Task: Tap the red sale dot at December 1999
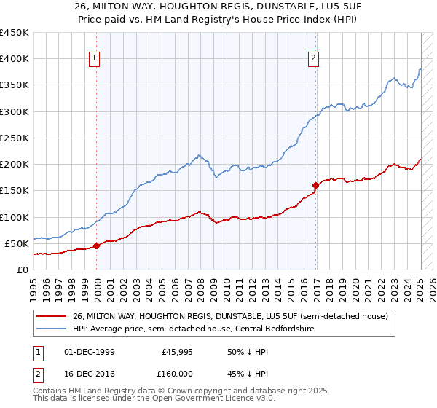pos(97,246)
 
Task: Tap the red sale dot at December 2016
pos(316,185)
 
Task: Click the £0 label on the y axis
pos(23,270)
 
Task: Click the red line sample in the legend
pos(52,316)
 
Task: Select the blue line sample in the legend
pos(52,329)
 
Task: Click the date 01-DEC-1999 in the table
pos(90,351)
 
